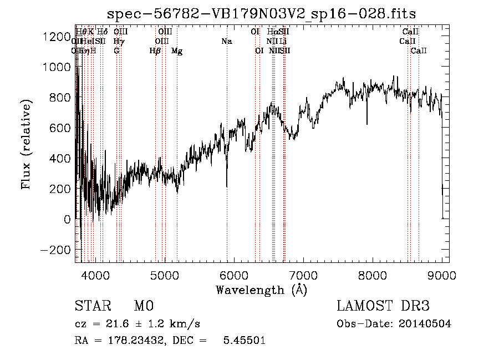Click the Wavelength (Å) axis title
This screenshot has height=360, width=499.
(261, 290)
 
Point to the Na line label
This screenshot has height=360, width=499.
(226, 41)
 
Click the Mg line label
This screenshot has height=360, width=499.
(177, 51)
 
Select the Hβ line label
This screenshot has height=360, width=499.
(155, 51)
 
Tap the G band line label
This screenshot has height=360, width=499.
(116, 51)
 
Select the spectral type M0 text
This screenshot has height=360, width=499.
(143, 306)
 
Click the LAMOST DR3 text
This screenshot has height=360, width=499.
(383, 306)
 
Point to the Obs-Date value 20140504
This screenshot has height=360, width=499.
(425, 324)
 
